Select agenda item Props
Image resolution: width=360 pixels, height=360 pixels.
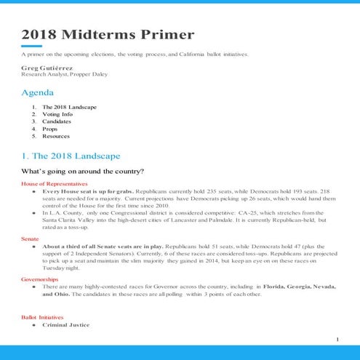51,129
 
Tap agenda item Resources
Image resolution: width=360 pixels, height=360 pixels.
56,136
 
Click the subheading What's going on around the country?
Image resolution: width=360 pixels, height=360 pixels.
82,172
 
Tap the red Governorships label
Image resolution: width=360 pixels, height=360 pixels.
39,279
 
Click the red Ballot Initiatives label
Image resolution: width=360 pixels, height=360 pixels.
43,318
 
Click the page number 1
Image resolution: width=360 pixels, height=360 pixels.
337,340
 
